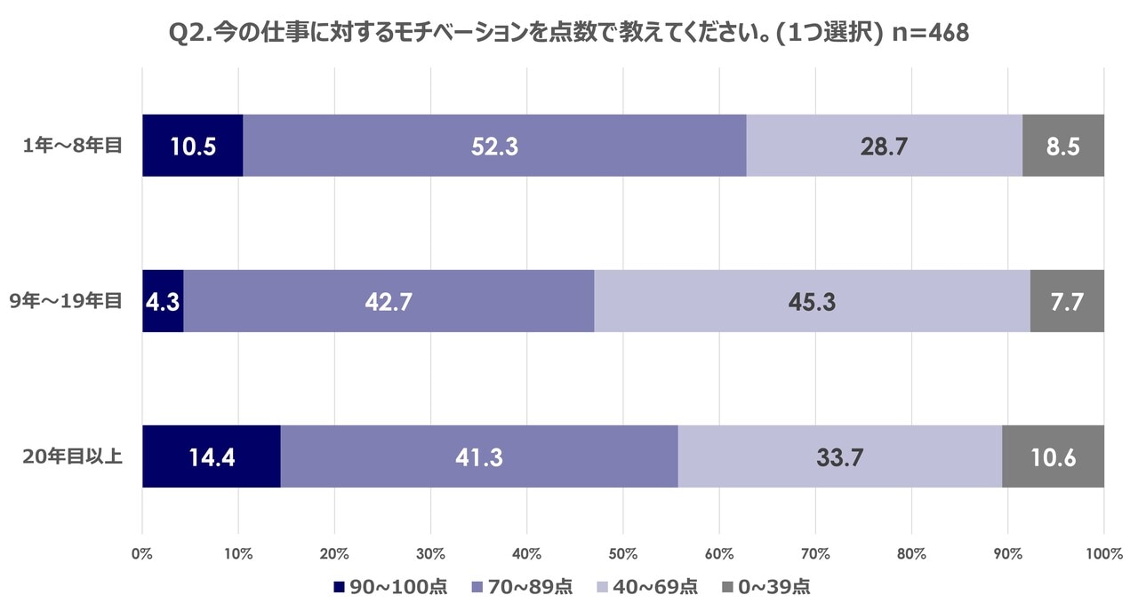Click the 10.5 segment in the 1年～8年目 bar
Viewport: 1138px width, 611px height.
pos(193,146)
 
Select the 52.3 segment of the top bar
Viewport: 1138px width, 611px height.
pos(494,146)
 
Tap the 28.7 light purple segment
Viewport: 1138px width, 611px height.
pos(884,146)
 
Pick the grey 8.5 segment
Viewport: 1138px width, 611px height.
pos(1063,146)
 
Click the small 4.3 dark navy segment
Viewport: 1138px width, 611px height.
pos(164,301)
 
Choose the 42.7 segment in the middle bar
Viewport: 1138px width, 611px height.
pos(389,301)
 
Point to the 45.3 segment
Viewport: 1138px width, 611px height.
pos(812,301)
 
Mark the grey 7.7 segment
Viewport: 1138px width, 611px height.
pos(1067,301)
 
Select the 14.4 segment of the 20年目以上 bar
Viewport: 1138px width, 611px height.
pos(212,456)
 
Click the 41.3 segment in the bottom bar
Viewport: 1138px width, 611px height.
pos(479,456)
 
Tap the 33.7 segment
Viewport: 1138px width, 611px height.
pos(839,456)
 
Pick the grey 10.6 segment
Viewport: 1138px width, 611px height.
pos(1053,456)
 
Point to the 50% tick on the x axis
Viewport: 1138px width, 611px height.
pos(623,554)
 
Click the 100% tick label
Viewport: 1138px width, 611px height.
pos(1103,554)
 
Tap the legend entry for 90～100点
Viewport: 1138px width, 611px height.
pos(389,587)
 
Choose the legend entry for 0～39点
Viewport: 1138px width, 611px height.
pos(765,587)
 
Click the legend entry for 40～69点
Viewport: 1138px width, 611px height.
pos(645,587)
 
